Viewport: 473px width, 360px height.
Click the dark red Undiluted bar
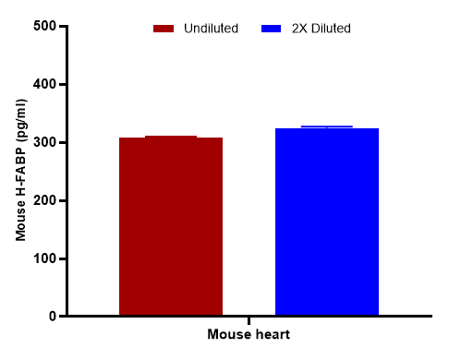click(171, 227)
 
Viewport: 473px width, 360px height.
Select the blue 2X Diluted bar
click(327, 222)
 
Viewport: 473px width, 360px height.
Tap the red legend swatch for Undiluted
click(164, 29)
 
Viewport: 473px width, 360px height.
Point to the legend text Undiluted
click(212, 29)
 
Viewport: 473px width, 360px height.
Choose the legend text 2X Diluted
click(320, 29)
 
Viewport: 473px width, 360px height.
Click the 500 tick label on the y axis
click(43, 27)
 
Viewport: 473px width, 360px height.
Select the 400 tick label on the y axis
click(43, 85)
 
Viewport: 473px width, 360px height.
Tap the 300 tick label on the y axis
click(43, 143)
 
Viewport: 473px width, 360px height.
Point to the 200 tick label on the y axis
click(43, 200)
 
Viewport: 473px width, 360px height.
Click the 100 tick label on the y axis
click(43, 258)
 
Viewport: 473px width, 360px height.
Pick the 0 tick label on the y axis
click(52, 317)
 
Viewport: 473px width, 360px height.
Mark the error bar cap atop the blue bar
click(327, 126)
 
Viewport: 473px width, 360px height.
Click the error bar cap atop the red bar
click(171, 137)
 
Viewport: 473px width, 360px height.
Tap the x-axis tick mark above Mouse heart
click(249, 320)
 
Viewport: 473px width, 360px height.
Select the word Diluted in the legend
click(329, 29)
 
